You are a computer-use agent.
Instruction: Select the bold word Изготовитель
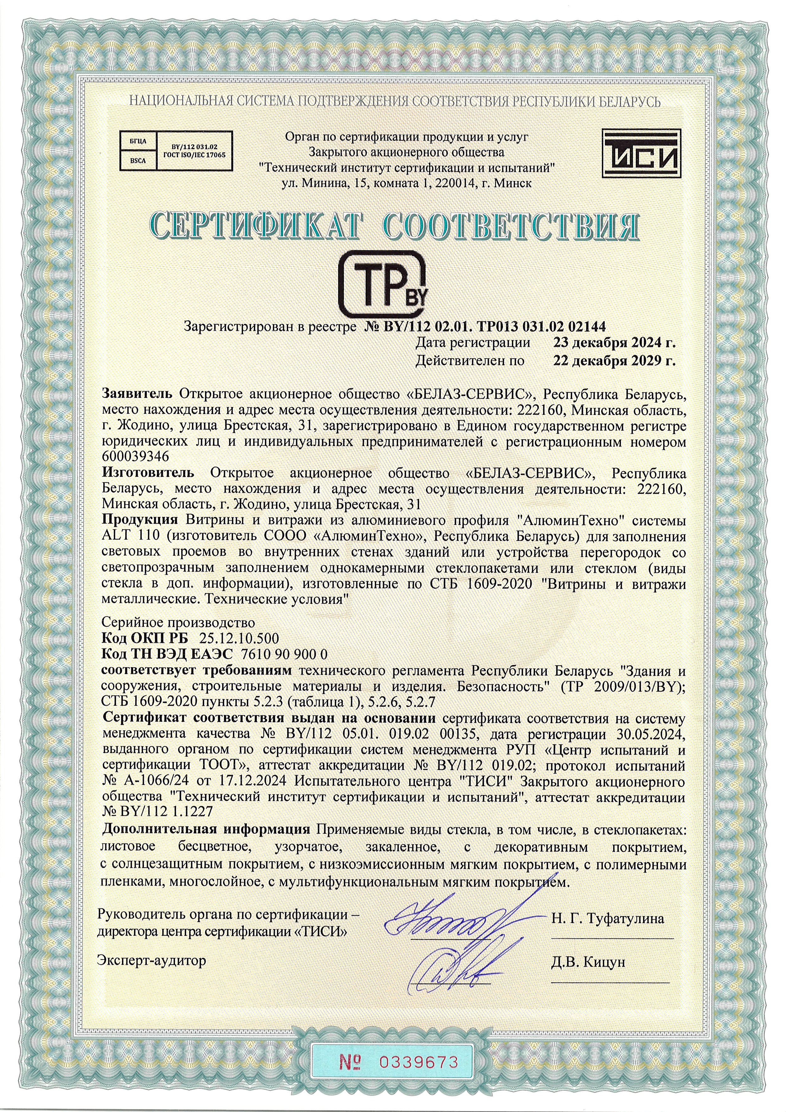click(148, 472)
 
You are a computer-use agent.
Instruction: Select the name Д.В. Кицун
click(588, 961)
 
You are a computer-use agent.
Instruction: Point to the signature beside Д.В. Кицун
click(448, 969)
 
